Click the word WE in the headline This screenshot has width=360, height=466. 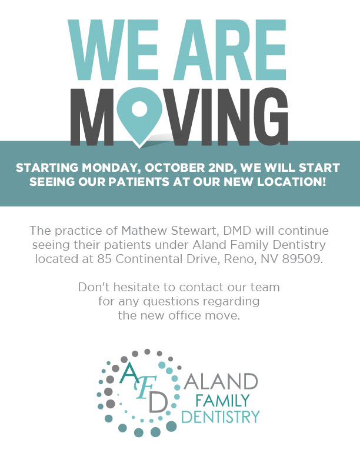(113, 50)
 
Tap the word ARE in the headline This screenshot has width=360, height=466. (229, 50)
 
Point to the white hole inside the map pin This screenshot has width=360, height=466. (139, 108)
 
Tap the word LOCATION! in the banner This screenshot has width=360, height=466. (291, 182)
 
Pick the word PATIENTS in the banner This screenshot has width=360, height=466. (139, 182)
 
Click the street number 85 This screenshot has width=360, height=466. (104, 259)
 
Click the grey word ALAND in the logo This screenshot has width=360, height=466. (221, 382)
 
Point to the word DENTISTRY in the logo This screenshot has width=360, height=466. (221, 417)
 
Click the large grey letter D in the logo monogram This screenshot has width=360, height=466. (158, 402)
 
